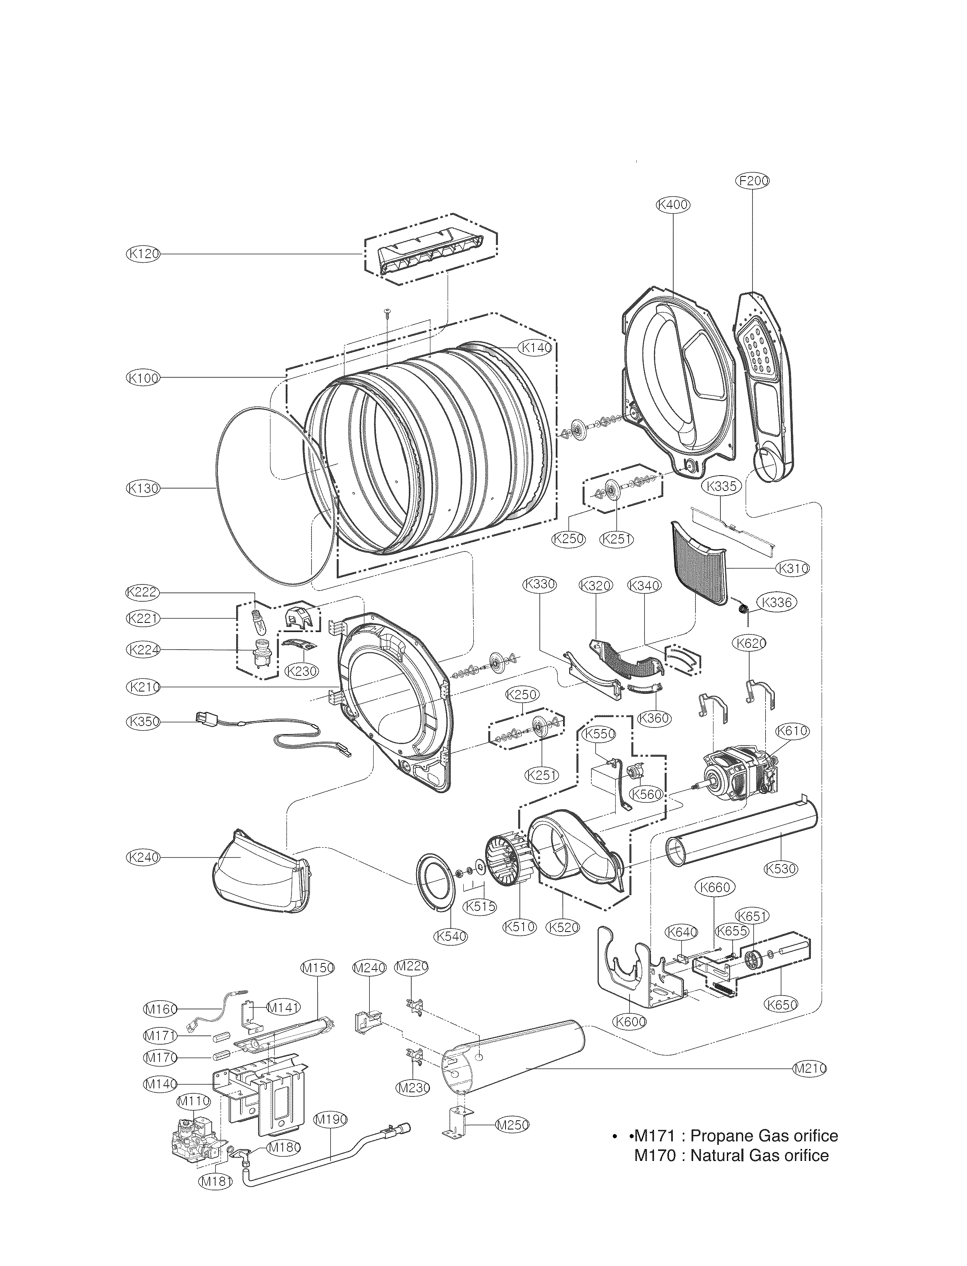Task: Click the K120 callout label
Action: coord(142,254)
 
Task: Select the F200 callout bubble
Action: coord(753,181)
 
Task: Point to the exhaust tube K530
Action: coord(743,838)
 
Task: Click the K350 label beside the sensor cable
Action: coord(142,722)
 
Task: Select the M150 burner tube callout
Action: coord(318,968)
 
